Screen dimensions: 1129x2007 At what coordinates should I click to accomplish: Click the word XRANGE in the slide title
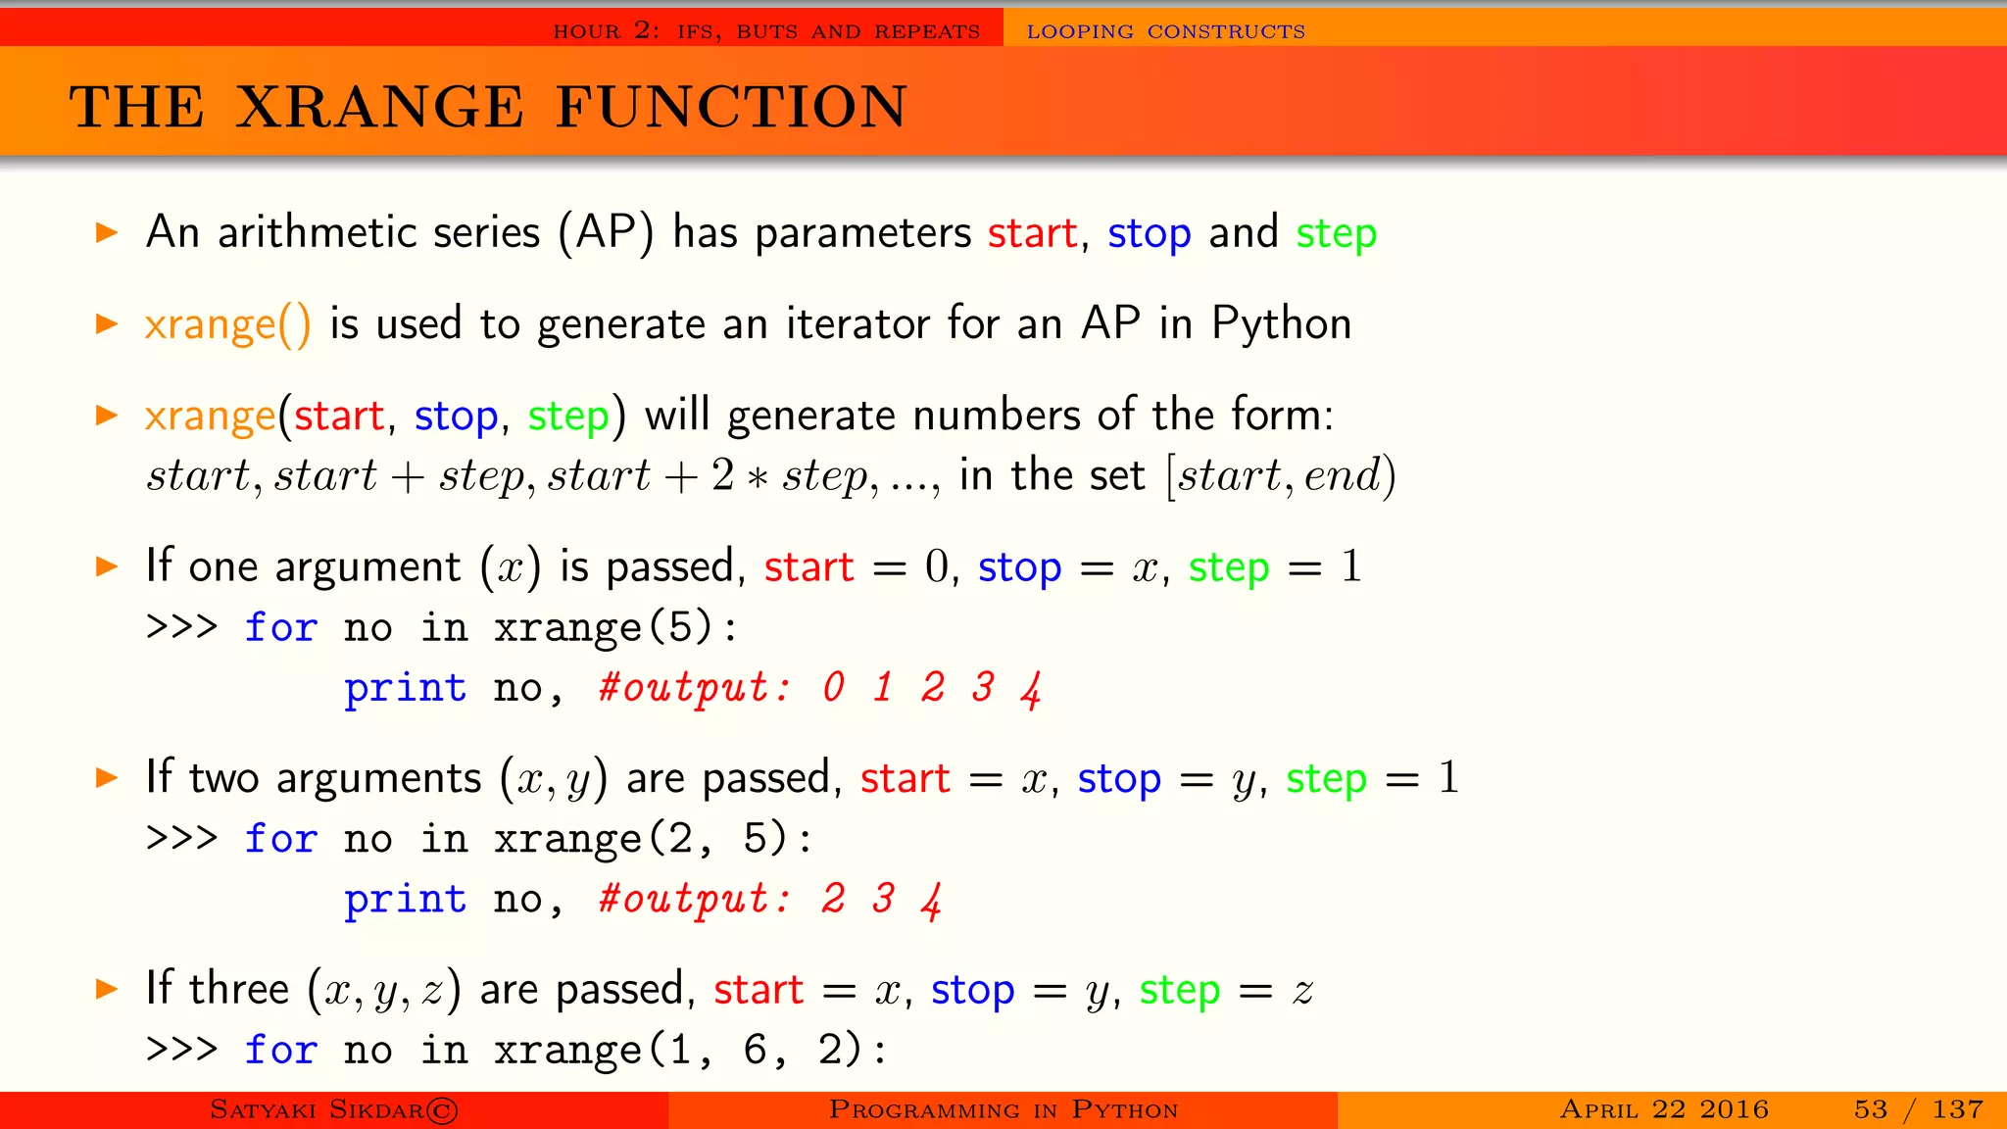click(x=380, y=107)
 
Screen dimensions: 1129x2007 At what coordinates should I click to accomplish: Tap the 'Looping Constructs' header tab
click(x=1165, y=31)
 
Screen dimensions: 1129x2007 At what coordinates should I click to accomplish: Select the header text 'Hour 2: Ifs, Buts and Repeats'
click(x=766, y=31)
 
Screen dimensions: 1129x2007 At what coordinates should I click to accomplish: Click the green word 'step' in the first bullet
click(x=1336, y=234)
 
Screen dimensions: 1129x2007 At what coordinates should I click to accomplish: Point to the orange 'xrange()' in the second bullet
click(x=227, y=325)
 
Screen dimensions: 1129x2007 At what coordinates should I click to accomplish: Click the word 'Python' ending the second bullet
click(x=1281, y=323)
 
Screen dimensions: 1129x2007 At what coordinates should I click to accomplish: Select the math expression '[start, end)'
click(x=1281, y=476)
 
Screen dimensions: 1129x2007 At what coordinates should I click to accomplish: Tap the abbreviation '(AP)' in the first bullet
click(x=606, y=233)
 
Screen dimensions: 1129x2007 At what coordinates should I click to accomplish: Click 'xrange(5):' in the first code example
click(x=614, y=627)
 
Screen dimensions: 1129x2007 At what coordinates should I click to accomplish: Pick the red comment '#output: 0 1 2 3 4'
click(x=819, y=688)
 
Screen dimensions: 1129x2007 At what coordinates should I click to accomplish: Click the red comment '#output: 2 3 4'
click(x=770, y=899)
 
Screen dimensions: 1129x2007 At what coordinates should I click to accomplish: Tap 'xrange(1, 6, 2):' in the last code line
click(x=690, y=1051)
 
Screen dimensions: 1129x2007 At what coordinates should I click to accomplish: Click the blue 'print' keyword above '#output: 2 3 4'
click(x=405, y=900)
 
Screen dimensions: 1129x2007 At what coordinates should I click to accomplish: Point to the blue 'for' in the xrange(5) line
click(x=281, y=627)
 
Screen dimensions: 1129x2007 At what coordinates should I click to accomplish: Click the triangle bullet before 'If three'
click(x=107, y=989)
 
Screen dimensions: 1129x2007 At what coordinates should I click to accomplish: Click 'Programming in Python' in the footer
click(x=1003, y=1109)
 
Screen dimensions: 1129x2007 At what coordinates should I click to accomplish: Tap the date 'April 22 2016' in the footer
click(x=1664, y=1109)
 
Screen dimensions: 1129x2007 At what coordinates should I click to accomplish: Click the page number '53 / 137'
click(x=1918, y=1109)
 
